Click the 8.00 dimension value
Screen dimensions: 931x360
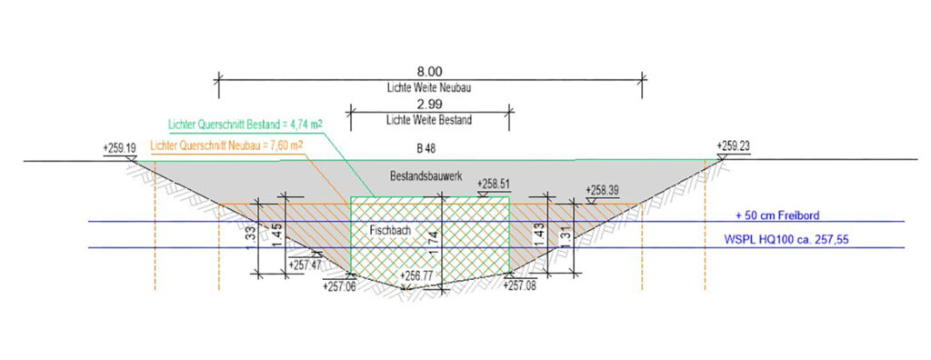(429, 73)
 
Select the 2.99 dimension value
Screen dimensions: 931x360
(429, 105)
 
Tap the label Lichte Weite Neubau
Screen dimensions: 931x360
(429, 87)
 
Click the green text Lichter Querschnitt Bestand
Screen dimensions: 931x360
(225, 125)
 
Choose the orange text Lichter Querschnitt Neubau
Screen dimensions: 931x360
(202, 145)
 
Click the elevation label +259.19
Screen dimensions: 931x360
(119, 147)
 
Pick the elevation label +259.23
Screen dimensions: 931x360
(734, 145)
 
